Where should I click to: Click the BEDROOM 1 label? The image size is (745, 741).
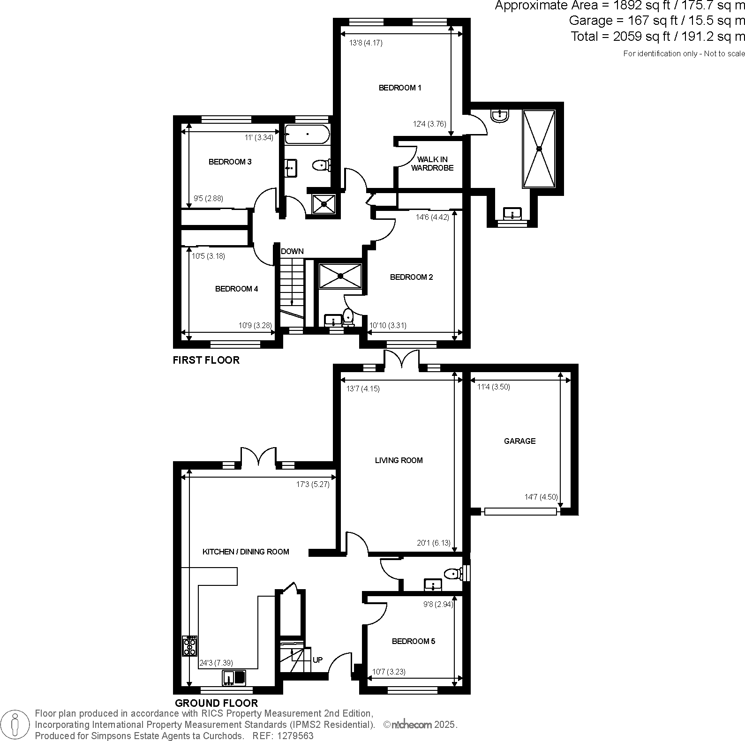pyautogui.click(x=400, y=88)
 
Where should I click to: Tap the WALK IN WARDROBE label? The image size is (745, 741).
pyautogui.click(x=432, y=164)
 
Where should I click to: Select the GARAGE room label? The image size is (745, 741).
pyautogui.click(x=519, y=441)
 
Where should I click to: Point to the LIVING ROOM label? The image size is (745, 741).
pyautogui.click(x=399, y=460)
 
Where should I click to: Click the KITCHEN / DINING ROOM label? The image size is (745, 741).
pyautogui.click(x=246, y=552)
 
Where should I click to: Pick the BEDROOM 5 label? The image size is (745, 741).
pyautogui.click(x=414, y=641)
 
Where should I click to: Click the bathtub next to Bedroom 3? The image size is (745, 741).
pyautogui.click(x=307, y=134)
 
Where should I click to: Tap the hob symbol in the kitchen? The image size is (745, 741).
pyautogui.click(x=190, y=646)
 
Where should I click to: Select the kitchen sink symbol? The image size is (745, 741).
pyautogui.click(x=233, y=678)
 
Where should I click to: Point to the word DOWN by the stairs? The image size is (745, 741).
pyautogui.click(x=292, y=251)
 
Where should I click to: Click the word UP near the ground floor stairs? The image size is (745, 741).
pyautogui.click(x=317, y=660)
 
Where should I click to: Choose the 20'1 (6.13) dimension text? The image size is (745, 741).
pyautogui.click(x=433, y=543)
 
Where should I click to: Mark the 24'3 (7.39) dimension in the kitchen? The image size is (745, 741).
pyautogui.click(x=216, y=663)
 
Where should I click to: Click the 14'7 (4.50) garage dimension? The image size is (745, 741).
pyautogui.click(x=541, y=497)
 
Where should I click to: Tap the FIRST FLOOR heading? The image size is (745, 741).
pyautogui.click(x=206, y=360)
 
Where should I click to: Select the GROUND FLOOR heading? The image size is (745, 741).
pyautogui.click(x=216, y=703)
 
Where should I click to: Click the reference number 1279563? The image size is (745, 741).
pyautogui.click(x=296, y=736)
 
